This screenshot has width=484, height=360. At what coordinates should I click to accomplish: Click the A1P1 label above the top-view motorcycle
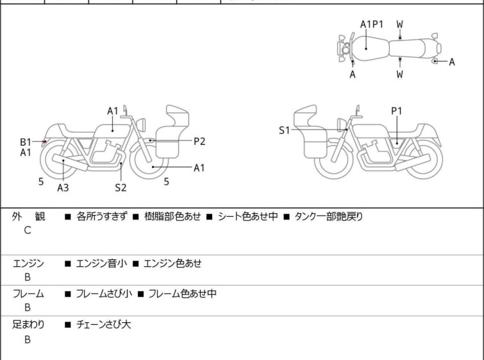(x=371, y=24)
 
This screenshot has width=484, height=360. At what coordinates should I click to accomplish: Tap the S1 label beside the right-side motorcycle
(x=284, y=130)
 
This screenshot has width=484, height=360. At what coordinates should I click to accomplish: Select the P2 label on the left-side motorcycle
(x=199, y=141)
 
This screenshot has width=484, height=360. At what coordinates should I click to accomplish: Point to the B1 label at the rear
(x=26, y=142)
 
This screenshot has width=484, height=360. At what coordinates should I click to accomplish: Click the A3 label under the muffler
(x=63, y=188)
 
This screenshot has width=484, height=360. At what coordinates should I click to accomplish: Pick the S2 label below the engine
(x=121, y=188)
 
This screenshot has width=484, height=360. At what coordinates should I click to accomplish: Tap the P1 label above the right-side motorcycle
(x=397, y=111)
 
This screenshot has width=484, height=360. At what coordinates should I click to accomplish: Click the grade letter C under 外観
(x=28, y=230)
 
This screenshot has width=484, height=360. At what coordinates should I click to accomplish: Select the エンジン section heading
(x=28, y=263)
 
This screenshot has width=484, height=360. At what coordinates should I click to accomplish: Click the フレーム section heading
(x=28, y=294)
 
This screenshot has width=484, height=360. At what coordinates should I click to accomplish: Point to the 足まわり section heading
(x=28, y=325)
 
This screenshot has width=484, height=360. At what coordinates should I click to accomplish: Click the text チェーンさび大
(x=103, y=325)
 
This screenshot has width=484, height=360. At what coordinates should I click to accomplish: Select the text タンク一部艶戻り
(x=328, y=217)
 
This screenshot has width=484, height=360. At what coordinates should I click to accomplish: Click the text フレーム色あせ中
(x=182, y=294)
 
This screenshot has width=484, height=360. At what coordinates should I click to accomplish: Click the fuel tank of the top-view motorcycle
(x=367, y=47)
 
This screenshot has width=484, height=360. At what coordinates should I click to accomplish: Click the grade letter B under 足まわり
(x=28, y=339)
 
